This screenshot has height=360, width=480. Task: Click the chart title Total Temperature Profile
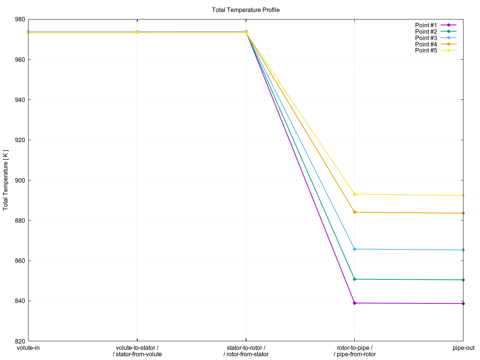[x=246, y=10]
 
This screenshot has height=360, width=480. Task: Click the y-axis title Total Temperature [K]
[x=6, y=180]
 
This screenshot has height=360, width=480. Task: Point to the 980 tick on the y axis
[x=20, y=19]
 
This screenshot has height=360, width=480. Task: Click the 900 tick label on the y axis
[x=20, y=180]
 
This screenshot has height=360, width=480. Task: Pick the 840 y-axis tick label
[x=20, y=301]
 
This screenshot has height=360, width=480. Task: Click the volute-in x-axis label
[x=28, y=348]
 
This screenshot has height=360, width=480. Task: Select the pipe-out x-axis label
[x=463, y=348]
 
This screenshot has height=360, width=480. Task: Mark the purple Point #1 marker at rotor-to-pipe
[x=355, y=303]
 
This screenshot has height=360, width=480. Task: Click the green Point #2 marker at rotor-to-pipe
[x=355, y=279]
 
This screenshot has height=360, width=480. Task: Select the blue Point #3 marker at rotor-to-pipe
[x=355, y=249]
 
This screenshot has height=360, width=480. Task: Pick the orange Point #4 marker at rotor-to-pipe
[x=355, y=212]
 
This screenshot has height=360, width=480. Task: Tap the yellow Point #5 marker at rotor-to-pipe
[x=355, y=194]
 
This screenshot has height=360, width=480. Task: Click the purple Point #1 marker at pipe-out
[x=463, y=303]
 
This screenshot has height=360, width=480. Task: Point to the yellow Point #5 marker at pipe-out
[x=463, y=195]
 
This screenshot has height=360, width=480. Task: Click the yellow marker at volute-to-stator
[x=137, y=33]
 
